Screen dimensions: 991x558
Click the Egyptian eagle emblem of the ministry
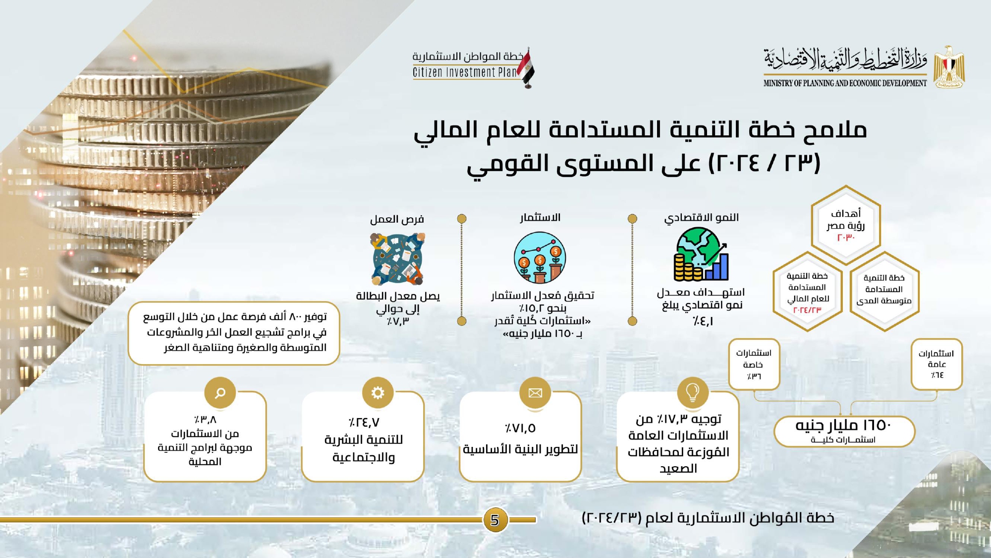pos(949,67)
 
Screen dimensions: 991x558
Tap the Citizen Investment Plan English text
pos(465,72)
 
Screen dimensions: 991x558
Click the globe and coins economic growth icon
pos(701,254)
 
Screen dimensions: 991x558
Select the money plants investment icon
pos(540,257)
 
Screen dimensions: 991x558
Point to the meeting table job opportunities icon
pos(397,259)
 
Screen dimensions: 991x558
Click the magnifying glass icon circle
pos(220,393)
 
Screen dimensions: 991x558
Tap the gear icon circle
pos(378,393)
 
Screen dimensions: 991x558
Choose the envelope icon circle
pos(535,393)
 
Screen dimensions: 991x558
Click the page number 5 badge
pos(495,520)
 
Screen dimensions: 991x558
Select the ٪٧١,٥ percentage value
pos(520,428)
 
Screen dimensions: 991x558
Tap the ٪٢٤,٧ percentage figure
pos(364,423)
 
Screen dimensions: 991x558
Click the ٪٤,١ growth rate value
pos(703,321)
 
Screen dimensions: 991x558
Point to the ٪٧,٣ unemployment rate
pos(398,321)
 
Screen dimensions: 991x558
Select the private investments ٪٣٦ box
pos(754,365)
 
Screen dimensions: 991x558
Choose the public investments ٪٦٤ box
pos(936,365)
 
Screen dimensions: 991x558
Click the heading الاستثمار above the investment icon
pos(540,218)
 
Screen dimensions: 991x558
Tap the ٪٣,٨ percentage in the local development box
pos(205,420)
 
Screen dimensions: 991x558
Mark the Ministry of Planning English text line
pos(845,83)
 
